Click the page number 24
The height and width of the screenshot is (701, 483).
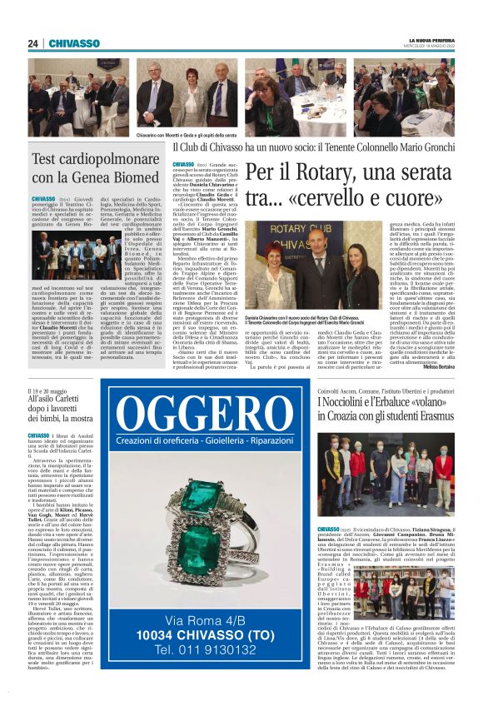tap(32, 43)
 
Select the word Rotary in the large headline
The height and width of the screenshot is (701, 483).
tap(327, 173)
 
